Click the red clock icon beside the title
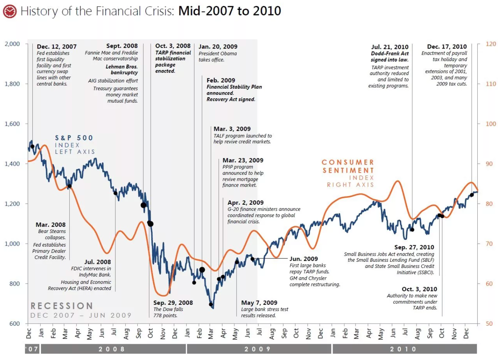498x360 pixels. pyautogui.click(x=10, y=11)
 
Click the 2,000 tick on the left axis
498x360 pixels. pyautogui.click(x=12, y=44)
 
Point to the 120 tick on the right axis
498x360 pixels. pyautogui.click(x=491, y=44)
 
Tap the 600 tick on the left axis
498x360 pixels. pyautogui.click(x=14, y=324)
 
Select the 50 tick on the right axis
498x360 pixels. pyautogui.click(x=489, y=324)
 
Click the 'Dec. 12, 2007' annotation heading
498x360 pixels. pyautogui.click(x=57, y=47)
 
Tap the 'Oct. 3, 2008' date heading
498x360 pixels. pyautogui.click(x=173, y=46)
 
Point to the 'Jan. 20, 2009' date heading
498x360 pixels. pyautogui.click(x=218, y=47)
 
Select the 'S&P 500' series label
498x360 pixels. pyautogui.click(x=74, y=138)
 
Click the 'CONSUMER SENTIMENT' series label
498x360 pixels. pyautogui.click(x=348, y=166)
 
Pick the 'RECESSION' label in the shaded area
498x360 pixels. pyautogui.click(x=62, y=306)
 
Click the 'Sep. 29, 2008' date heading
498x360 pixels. pyautogui.click(x=173, y=303)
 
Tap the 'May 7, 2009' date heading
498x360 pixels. pyautogui.click(x=259, y=303)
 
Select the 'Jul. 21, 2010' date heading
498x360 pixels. pyautogui.click(x=390, y=47)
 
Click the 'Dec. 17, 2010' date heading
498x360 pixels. pyautogui.click(x=447, y=47)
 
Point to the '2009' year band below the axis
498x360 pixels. pyautogui.click(x=258, y=349)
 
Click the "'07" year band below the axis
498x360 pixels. pyautogui.click(x=32, y=349)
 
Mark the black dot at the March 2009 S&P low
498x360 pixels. pyautogui.click(x=211, y=304)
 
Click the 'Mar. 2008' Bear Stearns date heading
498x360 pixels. pyautogui.click(x=50, y=225)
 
